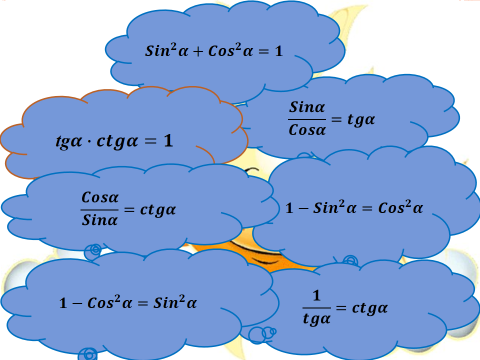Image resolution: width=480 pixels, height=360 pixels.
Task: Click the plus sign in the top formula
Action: point(198,52)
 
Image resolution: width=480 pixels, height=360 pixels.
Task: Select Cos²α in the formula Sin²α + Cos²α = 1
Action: point(231,50)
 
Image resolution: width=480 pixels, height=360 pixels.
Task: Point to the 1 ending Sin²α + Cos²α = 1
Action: point(279,51)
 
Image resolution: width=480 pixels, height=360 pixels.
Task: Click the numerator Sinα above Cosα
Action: point(307,107)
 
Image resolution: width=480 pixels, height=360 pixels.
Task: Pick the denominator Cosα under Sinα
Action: point(307,130)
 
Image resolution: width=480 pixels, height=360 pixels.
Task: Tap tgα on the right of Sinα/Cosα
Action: point(361,120)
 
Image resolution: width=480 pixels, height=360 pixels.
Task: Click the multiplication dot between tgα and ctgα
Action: point(89,142)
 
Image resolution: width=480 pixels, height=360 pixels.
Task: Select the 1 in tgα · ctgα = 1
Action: point(168,141)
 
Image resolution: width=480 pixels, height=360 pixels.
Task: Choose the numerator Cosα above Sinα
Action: point(100,197)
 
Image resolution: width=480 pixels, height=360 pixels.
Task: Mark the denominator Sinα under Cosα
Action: point(100,220)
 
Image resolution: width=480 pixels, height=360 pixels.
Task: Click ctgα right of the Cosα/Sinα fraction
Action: point(158,210)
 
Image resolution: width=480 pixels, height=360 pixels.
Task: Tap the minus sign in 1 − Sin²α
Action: point(303,209)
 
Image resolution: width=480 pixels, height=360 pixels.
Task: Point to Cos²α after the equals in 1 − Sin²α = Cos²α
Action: point(401,207)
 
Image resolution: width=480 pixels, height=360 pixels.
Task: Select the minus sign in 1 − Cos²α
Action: point(77,303)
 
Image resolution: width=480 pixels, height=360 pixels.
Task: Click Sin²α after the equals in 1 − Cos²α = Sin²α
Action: point(175,302)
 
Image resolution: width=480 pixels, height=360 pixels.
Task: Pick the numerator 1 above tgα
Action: point(316,295)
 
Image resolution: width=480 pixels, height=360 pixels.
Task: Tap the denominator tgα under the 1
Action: point(317,319)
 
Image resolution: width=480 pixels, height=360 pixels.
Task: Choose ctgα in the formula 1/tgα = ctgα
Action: point(370,308)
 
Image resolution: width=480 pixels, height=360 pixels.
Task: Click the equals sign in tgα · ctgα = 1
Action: point(151,141)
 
